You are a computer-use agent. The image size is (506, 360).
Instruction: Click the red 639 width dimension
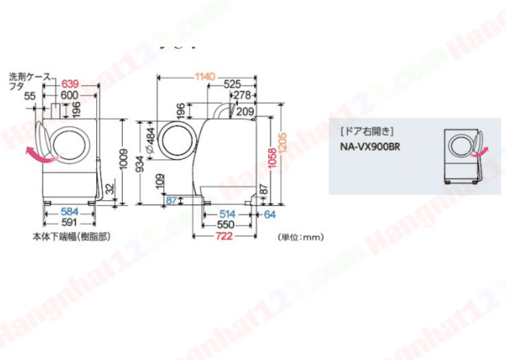pyautogui.click(x=70, y=85)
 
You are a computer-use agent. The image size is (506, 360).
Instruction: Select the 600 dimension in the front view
pyautogui.click(x=70, y=95)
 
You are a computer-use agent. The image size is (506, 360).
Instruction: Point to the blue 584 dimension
pyautogui.click(x=69, y=212)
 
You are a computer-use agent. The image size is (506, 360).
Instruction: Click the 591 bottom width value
pyautogui.click(x=69, y=223)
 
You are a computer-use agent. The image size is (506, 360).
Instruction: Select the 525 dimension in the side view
pyautogui.click(x=231, y=85)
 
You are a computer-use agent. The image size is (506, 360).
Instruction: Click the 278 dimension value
pyautogui.click(x=243, y=95)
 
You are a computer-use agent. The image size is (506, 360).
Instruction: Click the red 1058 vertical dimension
pyautogui.click(x=273, y=160)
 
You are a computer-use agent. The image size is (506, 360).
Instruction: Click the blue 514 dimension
pyautogui.click(x=226, y=214)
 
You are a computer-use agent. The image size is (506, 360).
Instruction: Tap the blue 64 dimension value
pyautogui.click(x=270, y=214)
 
